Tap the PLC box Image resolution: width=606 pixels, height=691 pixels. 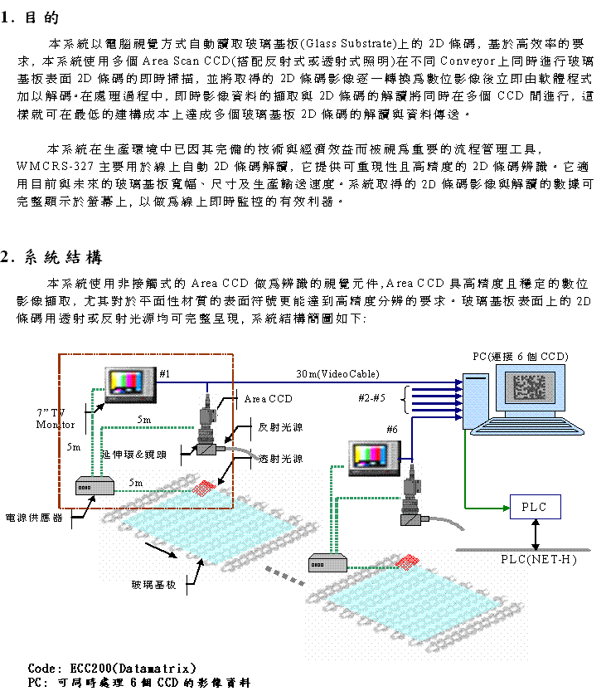[534, 507]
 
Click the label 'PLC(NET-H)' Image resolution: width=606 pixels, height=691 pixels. [539, 559]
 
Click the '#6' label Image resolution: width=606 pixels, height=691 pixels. [393, 429]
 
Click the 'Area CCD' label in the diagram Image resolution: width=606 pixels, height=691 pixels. [269, 399]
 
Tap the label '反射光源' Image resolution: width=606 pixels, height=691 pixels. [280, 428]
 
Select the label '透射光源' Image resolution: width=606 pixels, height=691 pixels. [280, 459]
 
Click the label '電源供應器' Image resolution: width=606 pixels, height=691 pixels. [34, 518]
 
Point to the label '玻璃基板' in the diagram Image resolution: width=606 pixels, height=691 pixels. [154, 585]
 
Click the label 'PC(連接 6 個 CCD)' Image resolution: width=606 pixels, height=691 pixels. [520, 356]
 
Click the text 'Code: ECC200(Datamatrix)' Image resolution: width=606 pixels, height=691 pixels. [112, 668]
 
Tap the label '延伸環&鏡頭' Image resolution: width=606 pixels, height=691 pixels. [133, 455]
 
